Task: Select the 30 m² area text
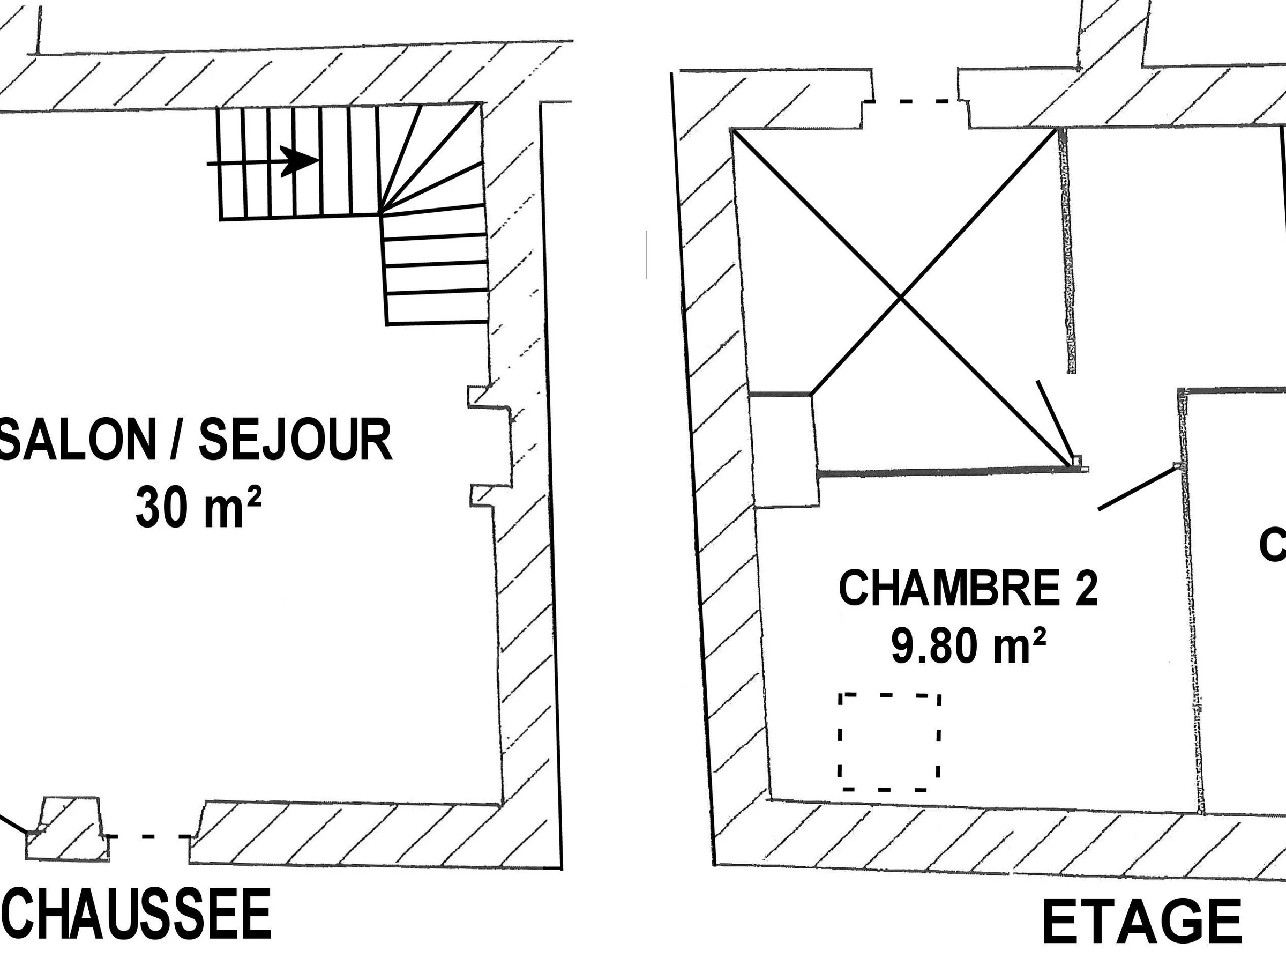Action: pos(198,507)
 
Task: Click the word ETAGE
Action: pos(1142,923)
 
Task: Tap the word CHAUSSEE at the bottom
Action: pos(137,914)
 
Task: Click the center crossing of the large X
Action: pos(901,298)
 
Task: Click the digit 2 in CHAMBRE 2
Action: pos(1086,589)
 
